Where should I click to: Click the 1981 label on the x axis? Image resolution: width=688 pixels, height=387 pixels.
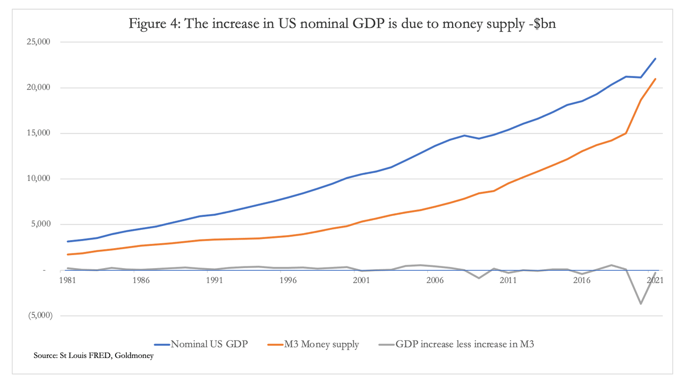(67, 280)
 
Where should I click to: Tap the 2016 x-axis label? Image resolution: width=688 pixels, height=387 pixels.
(582, 280)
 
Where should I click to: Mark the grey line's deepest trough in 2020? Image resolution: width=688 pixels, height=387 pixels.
(641, 304)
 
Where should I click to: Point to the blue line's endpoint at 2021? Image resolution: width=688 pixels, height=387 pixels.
(656, 59)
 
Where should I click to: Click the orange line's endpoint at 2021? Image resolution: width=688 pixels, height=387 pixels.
(656, 79)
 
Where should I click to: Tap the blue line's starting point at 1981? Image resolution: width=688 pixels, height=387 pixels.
(67, 241)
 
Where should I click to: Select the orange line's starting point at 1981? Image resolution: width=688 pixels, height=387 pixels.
(67, 255)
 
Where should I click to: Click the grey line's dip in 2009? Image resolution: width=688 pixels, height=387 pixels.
(479, 278)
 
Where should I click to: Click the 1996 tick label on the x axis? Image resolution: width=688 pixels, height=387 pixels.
(288, 280)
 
